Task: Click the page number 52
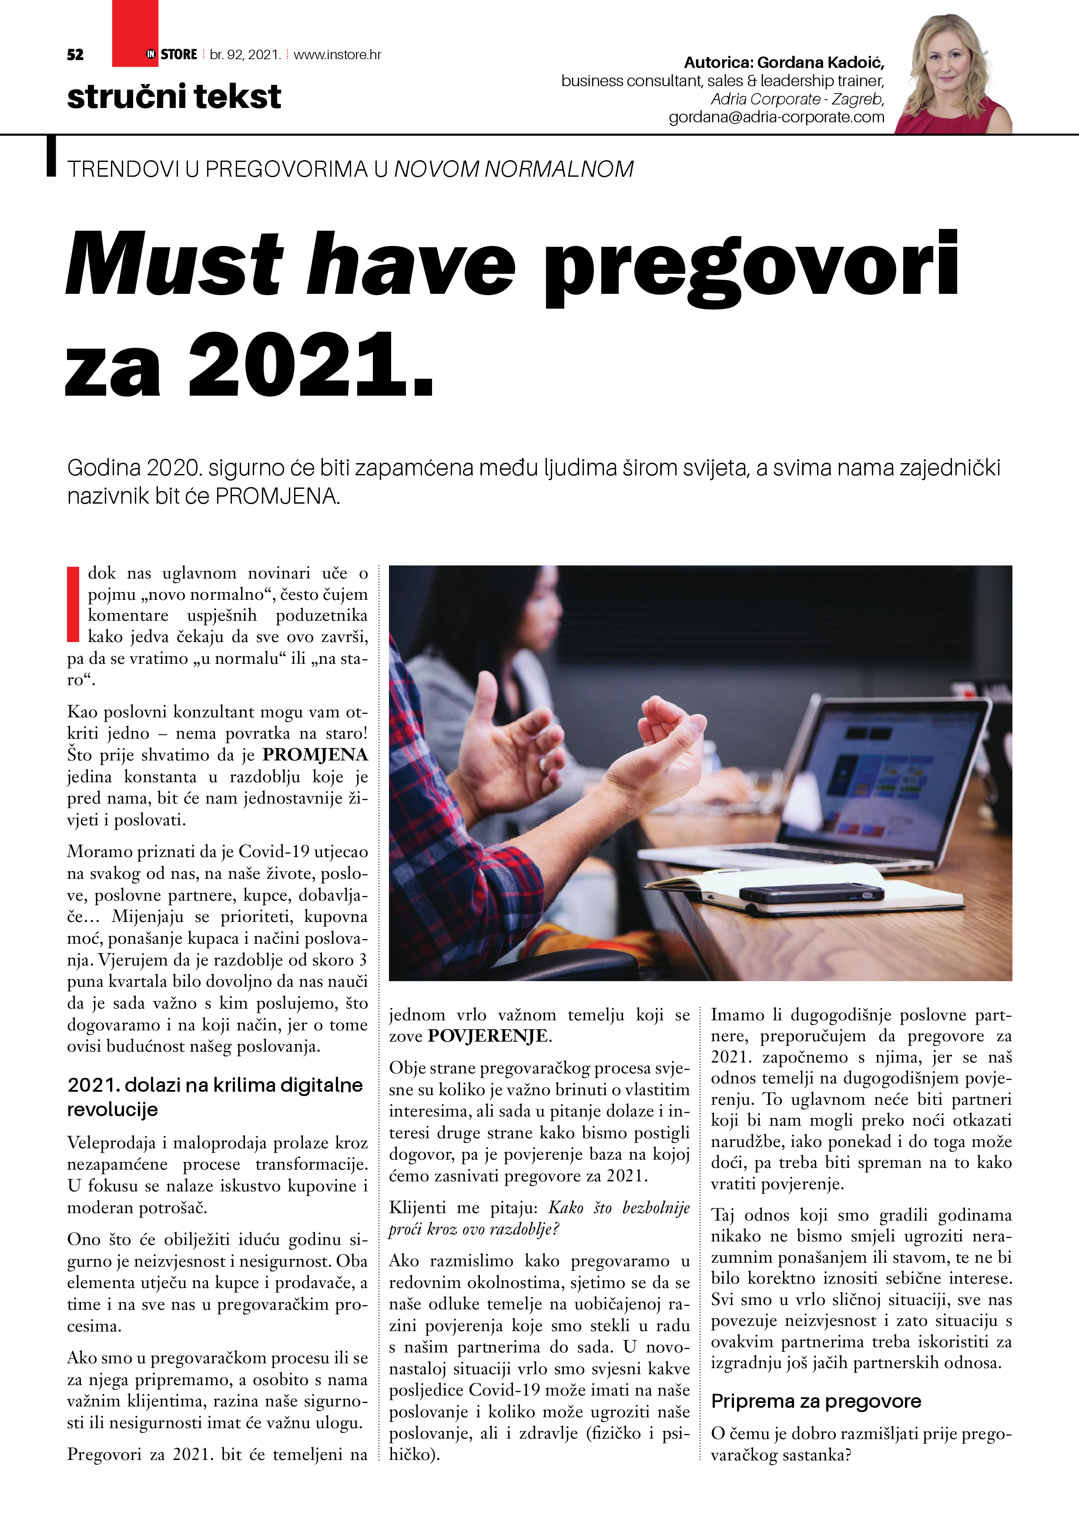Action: click(x=75, y=54)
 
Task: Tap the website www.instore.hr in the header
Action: click(x=337, y=54)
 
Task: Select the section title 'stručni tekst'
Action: click(x=174, y=97)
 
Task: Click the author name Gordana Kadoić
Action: click(x=821, y=63)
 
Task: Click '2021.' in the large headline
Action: click(x=311, y=366)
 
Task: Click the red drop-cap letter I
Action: click(x=73, y=604)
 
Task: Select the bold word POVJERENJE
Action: click(x=489, y=1036)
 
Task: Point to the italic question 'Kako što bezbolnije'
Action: click(x=618, y=1207)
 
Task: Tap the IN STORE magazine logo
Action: click(x=171, y=54)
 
